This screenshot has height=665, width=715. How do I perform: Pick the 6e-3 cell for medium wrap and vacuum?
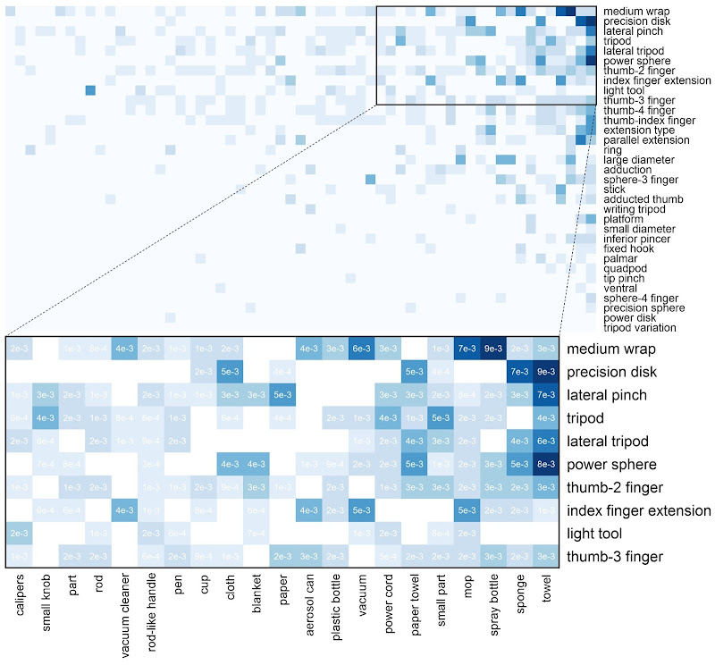[362, 348]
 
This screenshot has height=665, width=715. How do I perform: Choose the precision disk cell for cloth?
[230, 371]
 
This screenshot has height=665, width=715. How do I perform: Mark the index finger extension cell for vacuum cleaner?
[124, 510]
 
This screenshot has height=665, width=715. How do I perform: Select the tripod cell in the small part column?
[441, 417]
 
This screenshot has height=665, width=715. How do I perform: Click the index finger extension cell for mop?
[467, 510]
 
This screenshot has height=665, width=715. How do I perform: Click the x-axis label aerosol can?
[309, 608]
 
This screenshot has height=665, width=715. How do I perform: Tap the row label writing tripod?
[635, 208]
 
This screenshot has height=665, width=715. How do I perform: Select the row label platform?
[623, 218]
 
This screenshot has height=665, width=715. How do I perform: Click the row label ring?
[612, 149]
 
